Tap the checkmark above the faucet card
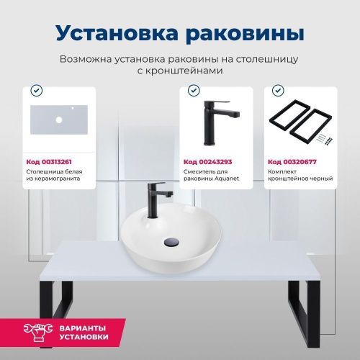click(192, 91)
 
